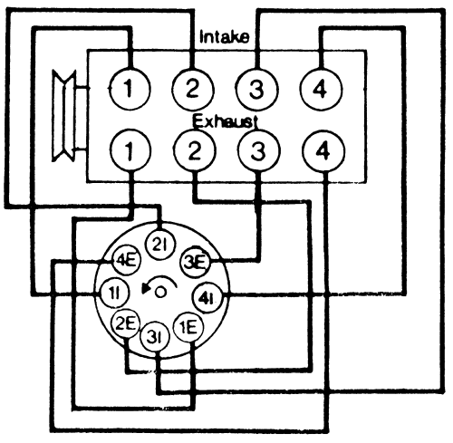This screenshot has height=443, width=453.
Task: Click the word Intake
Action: point(225,37)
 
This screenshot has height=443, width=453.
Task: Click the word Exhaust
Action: point(225,121)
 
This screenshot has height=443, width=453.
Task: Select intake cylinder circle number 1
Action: point(130,89)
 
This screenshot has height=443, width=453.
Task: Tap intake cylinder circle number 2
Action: point(193,90)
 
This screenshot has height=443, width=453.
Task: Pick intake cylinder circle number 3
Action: point(256,90)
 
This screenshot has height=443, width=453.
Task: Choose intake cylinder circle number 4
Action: point(321,90)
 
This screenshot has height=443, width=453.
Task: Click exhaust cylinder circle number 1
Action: point(130,150)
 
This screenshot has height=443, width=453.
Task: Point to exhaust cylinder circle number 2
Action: point(195,150)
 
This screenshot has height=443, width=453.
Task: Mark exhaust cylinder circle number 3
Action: point(259,150)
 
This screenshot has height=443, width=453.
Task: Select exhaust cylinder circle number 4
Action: point(323,151)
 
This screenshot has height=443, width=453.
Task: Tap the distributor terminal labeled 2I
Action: point(160,245)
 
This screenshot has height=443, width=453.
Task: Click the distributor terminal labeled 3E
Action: point(196,262)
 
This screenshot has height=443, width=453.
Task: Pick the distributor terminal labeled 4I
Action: point(207,299)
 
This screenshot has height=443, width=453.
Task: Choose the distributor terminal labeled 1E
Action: point(189,327)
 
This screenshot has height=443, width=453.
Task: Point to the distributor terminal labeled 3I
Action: point(155,337)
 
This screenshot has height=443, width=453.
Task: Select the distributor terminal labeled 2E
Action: point(126,323)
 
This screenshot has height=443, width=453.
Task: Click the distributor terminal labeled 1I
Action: point(114,293)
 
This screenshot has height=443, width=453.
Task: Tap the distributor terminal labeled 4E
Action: point(126,260)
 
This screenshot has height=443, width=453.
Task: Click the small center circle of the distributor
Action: point(160,292)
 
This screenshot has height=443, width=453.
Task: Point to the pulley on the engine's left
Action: point(64,115)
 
